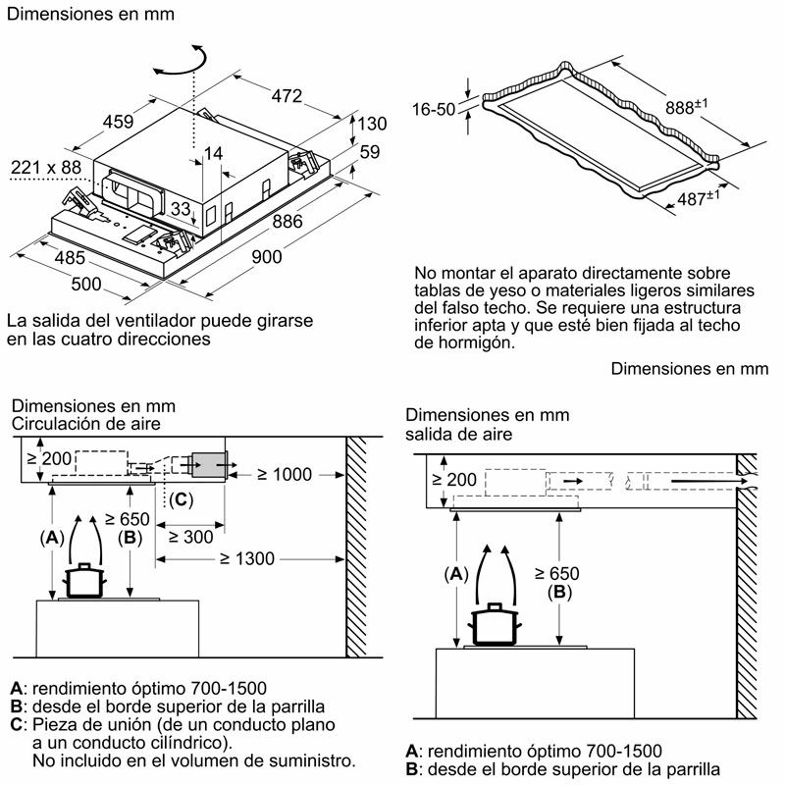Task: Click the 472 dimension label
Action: point(286,96)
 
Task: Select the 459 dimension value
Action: point(118,123)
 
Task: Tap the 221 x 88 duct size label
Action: point(46,168)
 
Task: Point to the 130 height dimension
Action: point(373,124)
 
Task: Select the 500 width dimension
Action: point(87,285)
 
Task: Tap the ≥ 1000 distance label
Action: point(284,474)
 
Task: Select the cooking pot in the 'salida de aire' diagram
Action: point(494,625)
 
